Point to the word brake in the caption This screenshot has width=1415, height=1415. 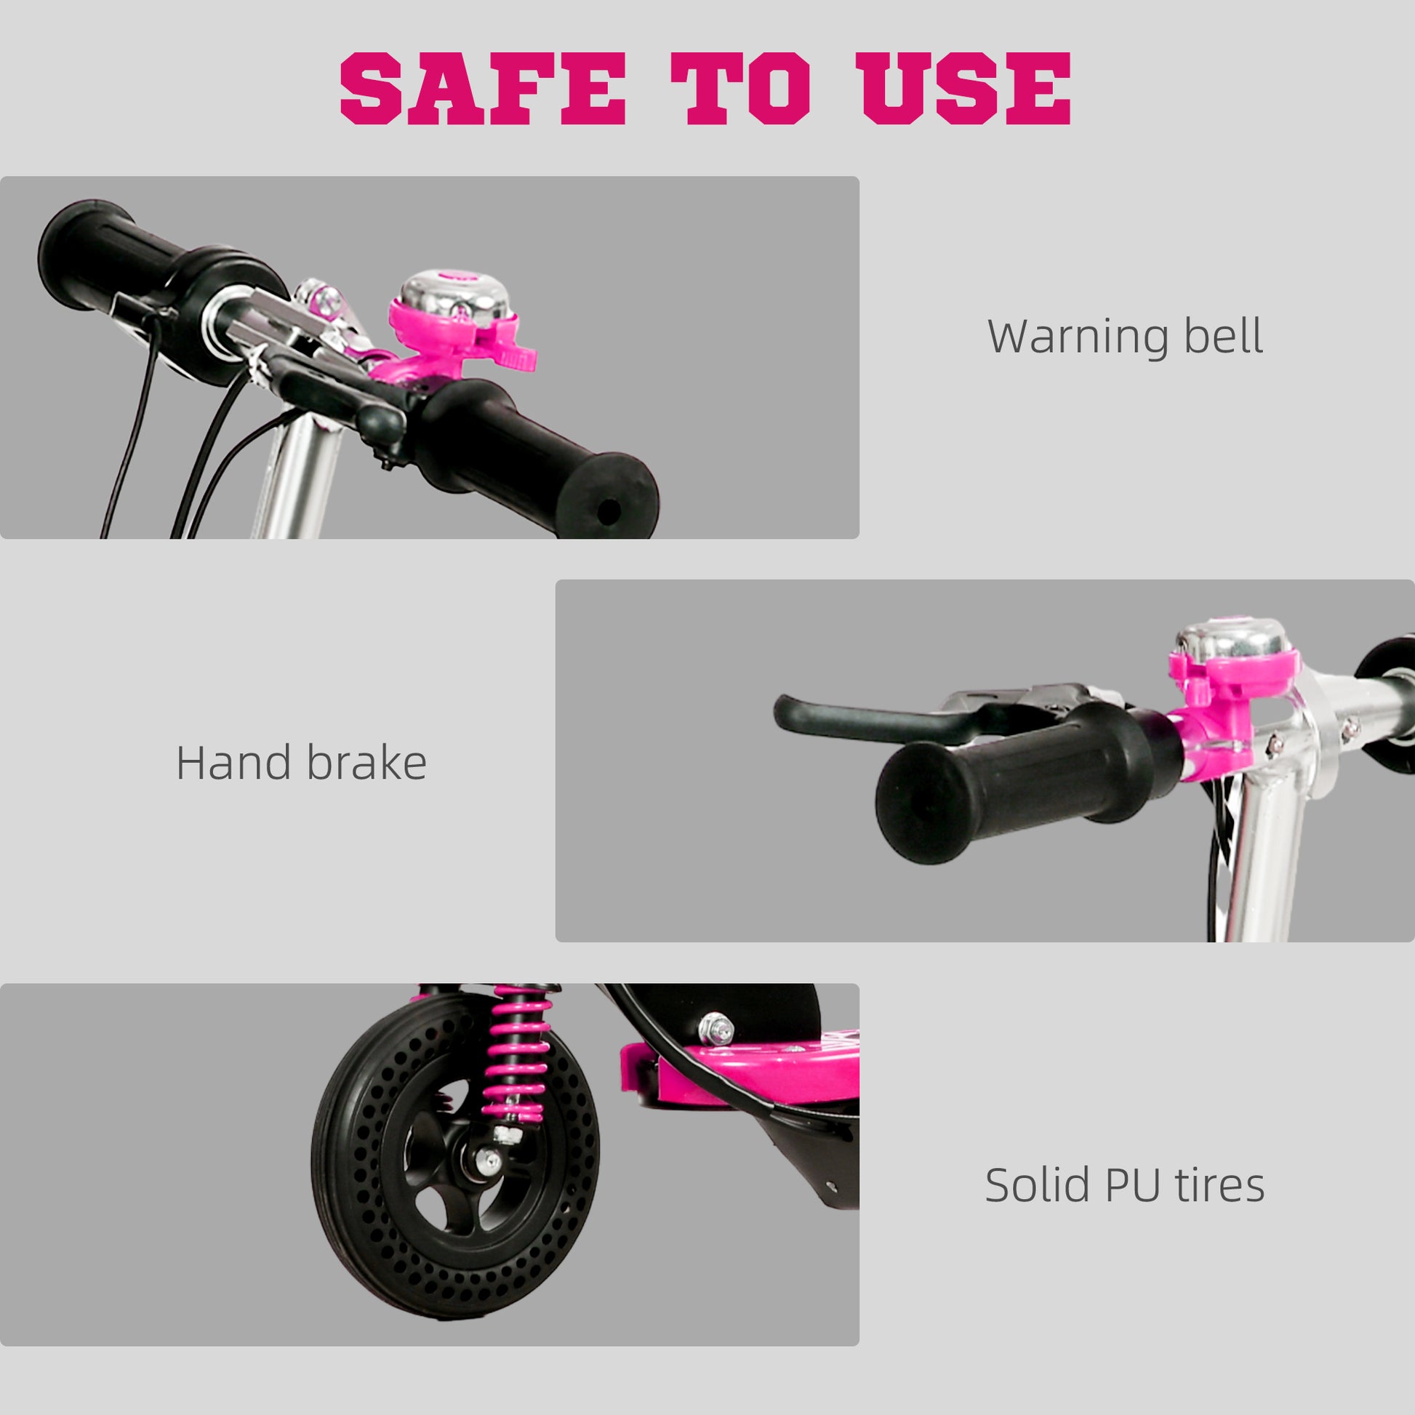coord(366,763)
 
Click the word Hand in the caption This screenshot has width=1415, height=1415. coord(233,763)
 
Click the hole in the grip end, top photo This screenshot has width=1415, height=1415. coord(608,512)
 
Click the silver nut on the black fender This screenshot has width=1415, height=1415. coord(715,1029)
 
